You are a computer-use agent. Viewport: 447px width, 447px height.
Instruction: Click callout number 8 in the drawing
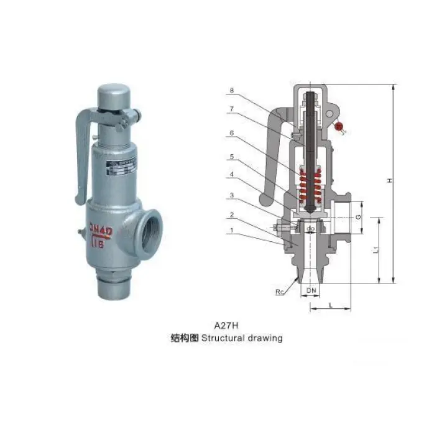[x=232, y=91]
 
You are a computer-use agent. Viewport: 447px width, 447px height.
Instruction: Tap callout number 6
[x=232, y=132]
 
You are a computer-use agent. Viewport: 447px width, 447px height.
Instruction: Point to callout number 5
[x=232, y=157]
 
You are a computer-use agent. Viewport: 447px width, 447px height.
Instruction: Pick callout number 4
[x=232, y=175]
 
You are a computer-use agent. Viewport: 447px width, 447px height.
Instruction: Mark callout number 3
[x=232, y=195]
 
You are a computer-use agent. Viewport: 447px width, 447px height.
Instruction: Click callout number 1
[x=232, y=229]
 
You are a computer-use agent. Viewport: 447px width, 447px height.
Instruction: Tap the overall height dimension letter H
[x=390, y=180]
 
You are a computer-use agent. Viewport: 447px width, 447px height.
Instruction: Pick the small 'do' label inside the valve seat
[x=311, y=229]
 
